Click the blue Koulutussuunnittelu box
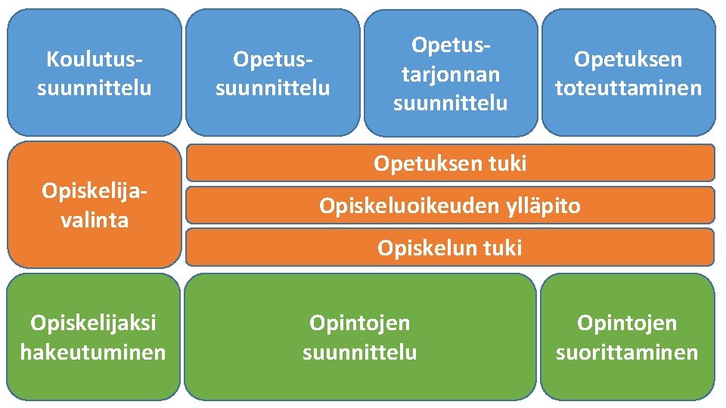coord(94,73)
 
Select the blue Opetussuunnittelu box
coord(273,73)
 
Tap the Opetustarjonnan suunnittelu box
coord(451,73)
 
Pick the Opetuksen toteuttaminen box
coord(628,73)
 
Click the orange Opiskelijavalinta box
coord(94,205)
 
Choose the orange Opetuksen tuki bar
coord(450,162)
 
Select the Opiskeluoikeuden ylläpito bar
coord(450,205)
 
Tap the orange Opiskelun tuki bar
coord(450,247)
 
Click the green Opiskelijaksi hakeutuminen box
coord(94,337)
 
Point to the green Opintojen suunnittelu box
coord(360,337)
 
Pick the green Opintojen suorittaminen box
coord(627,337)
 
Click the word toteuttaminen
coord(628,88)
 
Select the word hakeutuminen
coord(93,352)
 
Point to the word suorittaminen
coord(627,352)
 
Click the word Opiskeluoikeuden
coord(403,206)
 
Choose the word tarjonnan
coord(451,73)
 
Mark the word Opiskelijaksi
coord(93,323)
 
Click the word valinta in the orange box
coord(95,220)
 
